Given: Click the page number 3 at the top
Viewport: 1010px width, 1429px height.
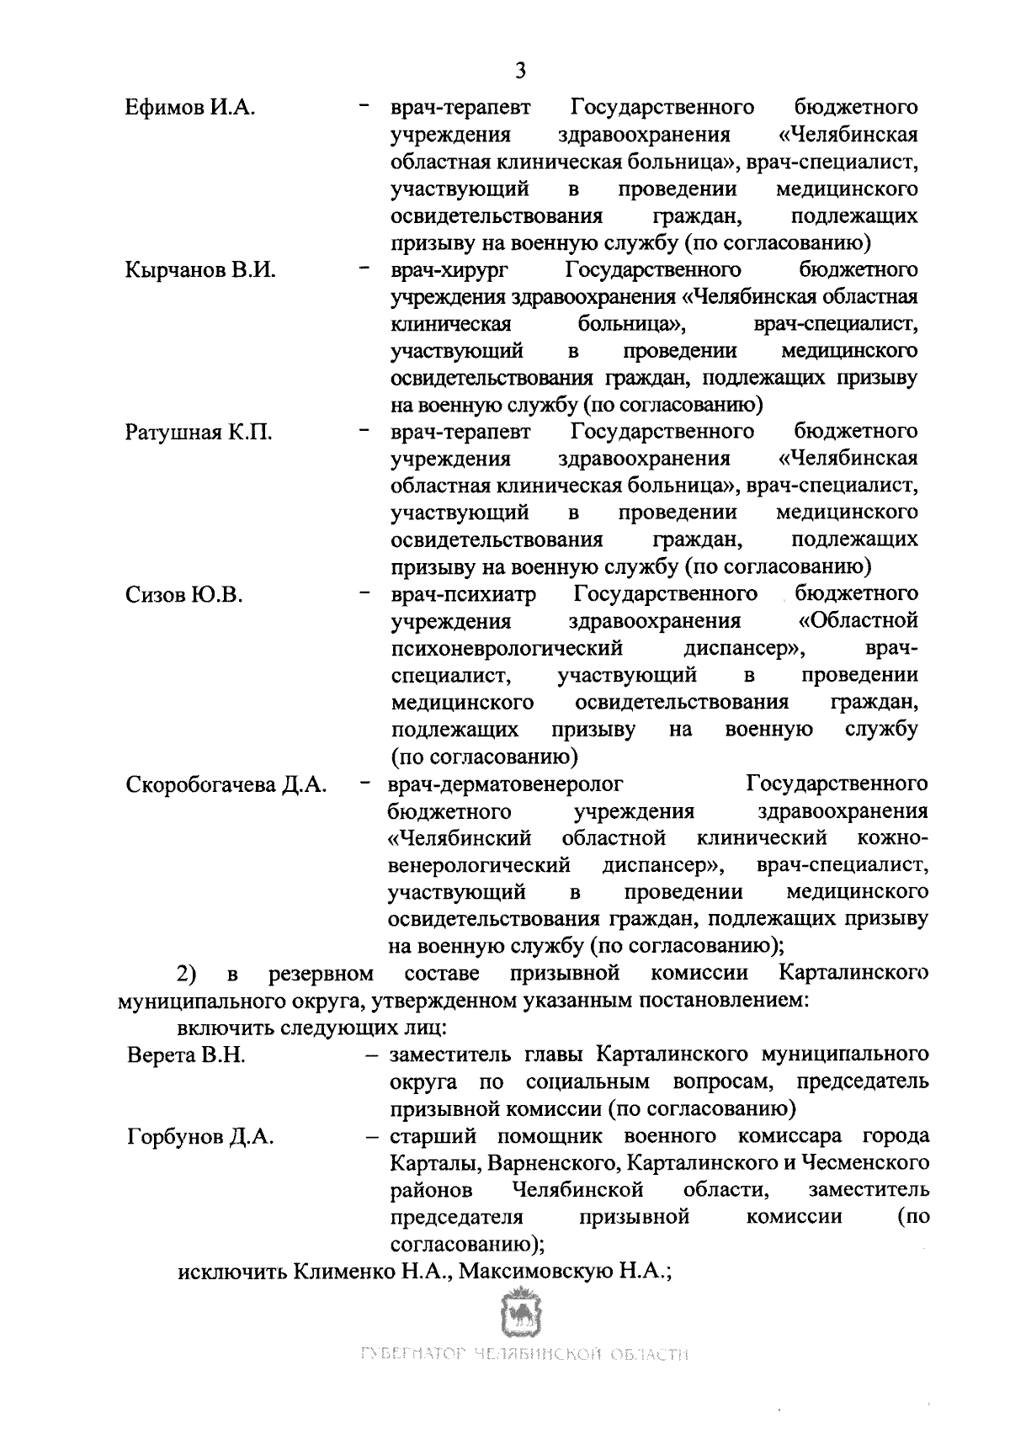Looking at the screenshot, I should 519,70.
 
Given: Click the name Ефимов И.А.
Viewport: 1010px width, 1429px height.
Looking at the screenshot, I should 190,108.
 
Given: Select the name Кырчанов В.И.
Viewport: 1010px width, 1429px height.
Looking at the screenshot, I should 200,270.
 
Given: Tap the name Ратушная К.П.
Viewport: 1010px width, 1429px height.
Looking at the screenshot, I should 199,433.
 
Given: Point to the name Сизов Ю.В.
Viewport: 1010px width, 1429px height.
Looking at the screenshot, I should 184,595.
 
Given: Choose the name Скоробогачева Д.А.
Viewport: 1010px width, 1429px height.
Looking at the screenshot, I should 226,784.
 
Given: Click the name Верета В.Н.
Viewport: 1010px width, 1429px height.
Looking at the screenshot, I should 186,1055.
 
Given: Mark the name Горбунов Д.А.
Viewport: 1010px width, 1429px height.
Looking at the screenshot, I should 200,1137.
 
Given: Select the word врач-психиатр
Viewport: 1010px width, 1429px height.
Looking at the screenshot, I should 463,595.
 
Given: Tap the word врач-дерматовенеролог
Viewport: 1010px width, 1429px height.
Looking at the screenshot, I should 506,784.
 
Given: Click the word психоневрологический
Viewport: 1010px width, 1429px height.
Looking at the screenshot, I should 507,649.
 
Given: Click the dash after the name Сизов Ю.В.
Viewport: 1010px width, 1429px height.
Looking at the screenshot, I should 364,594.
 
